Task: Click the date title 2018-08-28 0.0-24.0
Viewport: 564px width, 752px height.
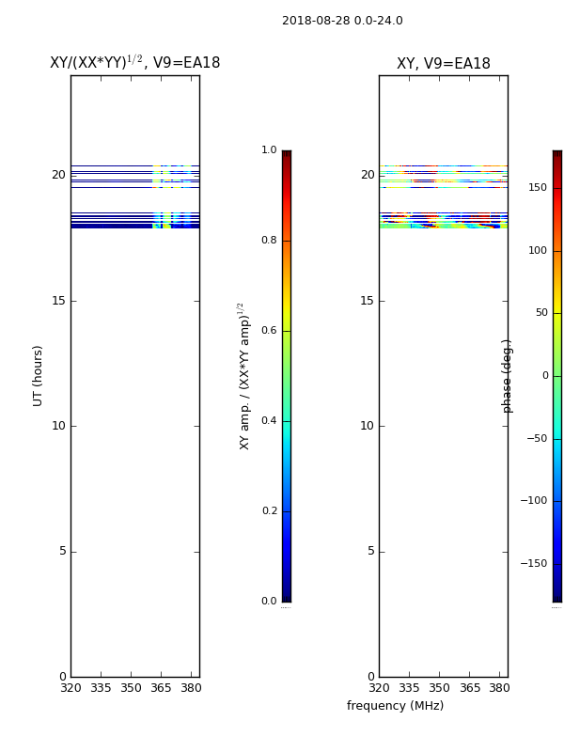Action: coord(342,21)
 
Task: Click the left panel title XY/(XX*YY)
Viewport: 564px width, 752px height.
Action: coord(96,62)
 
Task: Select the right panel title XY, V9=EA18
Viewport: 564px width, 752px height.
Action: coord(443,63)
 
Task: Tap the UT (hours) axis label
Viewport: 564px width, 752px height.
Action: coord(38,376)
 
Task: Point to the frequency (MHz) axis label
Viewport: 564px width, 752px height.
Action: coord(395,706)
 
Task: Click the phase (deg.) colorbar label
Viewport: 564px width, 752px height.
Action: coord(507,376)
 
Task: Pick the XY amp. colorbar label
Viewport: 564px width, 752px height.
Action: coord(244,376)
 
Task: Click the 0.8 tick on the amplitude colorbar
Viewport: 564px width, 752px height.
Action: coord(269,241)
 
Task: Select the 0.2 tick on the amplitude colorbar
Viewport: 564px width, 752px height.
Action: coord(269,510)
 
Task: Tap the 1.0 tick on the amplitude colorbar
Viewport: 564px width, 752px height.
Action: coord(269,150)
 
